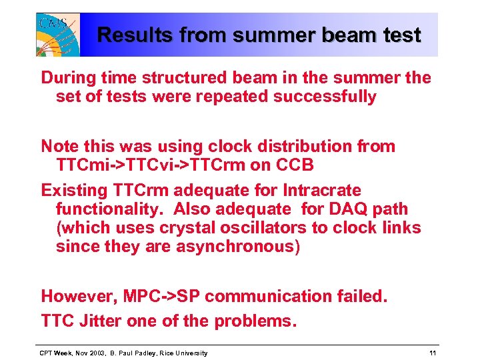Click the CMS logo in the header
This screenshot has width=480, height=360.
[58, 34]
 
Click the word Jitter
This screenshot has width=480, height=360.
[100, 321]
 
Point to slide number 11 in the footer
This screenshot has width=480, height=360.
[433, 353]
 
